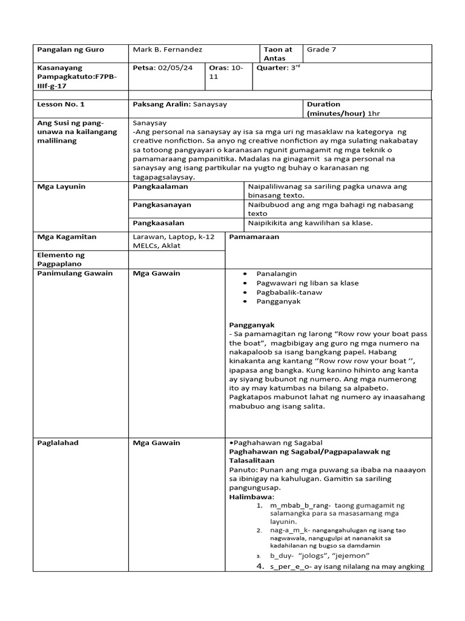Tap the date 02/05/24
click(x=175, y=68)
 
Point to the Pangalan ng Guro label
click(x=71, y=50)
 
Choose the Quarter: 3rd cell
click(x=279, y=68)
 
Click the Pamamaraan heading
click(x=254, y=237)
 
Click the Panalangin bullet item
click(x=277, y=274)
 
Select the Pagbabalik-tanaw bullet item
click(x=289, y=292)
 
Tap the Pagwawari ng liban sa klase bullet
click(x=308, y=283)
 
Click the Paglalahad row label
click(x=58, y=443)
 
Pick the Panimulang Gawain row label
click(x=75, y=274)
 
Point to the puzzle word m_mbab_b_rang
click(x=295, y=506)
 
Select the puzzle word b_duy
click(x=282, y=556)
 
